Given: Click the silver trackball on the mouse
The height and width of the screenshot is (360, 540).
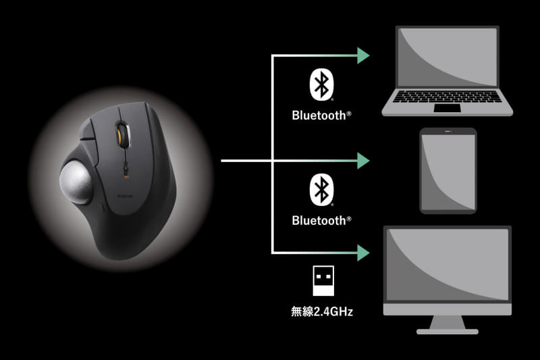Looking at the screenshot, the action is click(x=76, y=181).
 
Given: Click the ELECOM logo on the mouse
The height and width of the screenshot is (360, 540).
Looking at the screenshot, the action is click(x=126, y=196).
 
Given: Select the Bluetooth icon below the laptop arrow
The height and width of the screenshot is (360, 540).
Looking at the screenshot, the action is click(x=322, y=84).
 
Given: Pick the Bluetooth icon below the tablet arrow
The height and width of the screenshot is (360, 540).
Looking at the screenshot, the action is click(x=322, y=190).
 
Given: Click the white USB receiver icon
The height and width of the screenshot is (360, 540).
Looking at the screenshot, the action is click(x=323, y=281).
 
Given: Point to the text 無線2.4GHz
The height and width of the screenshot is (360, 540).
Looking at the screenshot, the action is click(x=322, y=311).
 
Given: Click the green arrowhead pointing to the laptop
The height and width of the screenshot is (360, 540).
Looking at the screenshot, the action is click(x=362, y=55).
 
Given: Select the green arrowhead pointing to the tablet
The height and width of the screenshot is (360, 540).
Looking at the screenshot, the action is click(x=362, y=161).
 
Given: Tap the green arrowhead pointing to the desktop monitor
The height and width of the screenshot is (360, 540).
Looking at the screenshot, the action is click(x=362, y=253).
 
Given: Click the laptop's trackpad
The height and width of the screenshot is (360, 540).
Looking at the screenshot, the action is click(x=447, y=109).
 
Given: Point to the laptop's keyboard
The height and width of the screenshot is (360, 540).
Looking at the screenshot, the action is click(x=447, y=97).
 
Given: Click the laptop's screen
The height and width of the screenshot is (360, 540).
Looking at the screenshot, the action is click(x=448, y=57).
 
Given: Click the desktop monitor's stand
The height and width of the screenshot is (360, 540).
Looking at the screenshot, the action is click(x=448, y=324).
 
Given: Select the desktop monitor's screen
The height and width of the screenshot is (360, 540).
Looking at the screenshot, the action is click(x=448, y=265).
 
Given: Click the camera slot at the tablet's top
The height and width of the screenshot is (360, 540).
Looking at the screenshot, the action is click(x=448, y=131).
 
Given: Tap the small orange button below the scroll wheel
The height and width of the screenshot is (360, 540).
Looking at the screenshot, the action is click(x=126, y=176).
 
